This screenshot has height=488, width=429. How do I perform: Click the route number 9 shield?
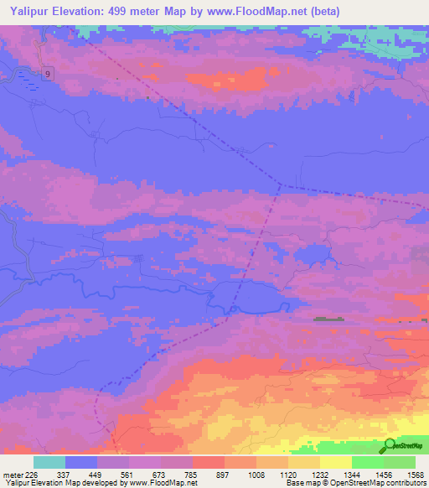[49, 73]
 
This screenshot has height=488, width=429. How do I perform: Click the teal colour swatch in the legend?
[49, 462]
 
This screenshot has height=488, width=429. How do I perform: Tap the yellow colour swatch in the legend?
[335, 462]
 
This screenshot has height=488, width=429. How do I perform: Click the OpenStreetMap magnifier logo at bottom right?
[390, 446]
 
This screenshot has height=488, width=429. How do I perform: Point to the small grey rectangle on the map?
[329, 319]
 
